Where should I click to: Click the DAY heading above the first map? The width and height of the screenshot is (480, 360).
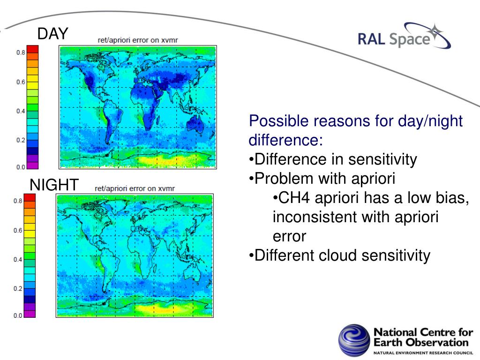pos(52,33)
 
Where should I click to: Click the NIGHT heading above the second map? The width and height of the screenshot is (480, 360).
pos(54,185)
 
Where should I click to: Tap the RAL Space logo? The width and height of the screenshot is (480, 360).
pos(404,36)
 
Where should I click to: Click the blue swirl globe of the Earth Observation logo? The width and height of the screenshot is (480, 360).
pos(354,340)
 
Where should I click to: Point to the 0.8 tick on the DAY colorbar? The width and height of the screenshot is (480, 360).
pos(21,52)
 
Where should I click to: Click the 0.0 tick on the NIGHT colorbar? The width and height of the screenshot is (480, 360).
pos(18,315)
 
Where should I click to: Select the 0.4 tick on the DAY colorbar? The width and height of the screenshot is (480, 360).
pos(21,111)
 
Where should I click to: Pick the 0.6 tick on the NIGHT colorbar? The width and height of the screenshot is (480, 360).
pos(18,231)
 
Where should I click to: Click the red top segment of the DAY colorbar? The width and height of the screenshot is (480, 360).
pos(32,49)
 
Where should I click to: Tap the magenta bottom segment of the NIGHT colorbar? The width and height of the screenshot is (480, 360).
pos(30,314)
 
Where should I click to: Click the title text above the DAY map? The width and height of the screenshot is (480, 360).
pos(138,40)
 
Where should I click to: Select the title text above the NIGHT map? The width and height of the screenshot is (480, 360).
pos(135,188)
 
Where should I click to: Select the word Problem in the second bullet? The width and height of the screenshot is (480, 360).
pos(285,179)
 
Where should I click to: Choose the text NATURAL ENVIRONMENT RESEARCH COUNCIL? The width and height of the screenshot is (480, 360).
pos(423,353)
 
